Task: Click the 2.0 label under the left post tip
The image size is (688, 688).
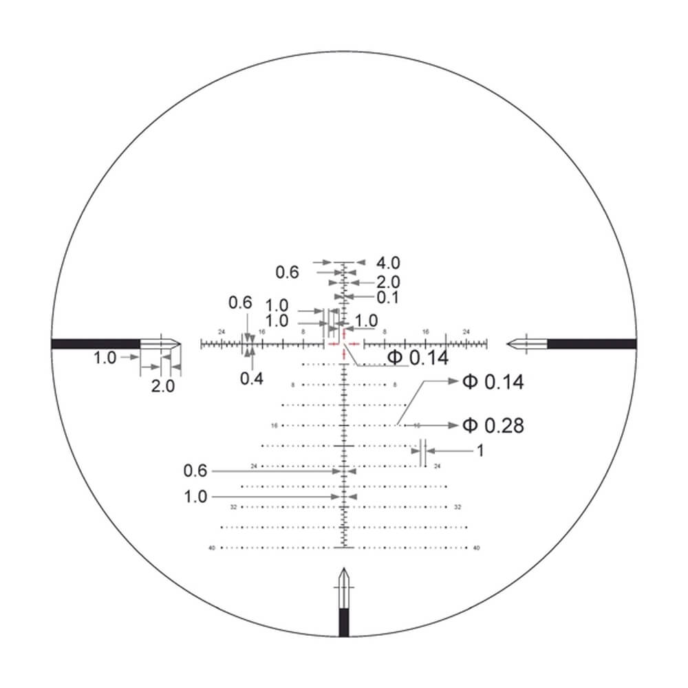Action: pos(163,386)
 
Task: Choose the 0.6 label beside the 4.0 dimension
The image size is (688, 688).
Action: pos(287,272)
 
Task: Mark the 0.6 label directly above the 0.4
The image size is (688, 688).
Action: pos(241,303)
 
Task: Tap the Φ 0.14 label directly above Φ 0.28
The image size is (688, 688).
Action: pos(493,383)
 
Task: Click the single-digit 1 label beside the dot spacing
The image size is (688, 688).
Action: pos(480,451)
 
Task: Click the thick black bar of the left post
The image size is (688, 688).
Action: pos(96,343)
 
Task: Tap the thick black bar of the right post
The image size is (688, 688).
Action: pos(591,343)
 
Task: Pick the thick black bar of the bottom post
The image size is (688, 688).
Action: pos(344,623)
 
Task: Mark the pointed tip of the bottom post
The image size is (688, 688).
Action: pos(344,570)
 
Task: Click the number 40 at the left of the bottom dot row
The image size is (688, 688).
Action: pos(211,548)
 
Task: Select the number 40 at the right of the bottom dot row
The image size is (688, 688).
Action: pos(476,548)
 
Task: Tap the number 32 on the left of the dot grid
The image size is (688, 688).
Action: pos(234,507)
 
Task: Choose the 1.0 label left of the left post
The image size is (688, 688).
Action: pos(105,358)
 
